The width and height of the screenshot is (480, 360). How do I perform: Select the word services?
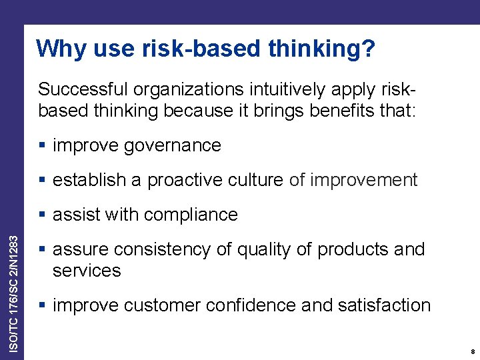coord(87,271)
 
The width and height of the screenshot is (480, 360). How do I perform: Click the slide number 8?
coord(472,351)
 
